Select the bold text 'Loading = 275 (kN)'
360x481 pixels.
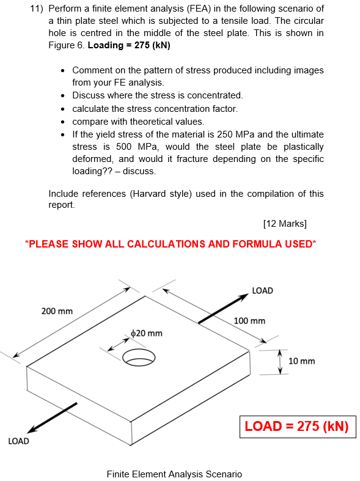coord(129,46)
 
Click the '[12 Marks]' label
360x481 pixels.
coord(284,223)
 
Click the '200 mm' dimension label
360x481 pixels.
coord(57,311)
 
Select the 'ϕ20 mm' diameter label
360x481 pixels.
coord(147,333)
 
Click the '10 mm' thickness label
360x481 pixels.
coord(301,361)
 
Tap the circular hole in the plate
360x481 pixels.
coord(139,357)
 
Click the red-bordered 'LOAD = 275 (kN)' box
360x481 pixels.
coord(296,427)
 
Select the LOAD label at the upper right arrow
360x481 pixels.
coord(262,290)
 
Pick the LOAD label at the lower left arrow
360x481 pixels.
coord(18,441)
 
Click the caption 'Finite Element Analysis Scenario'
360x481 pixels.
coord(174,474)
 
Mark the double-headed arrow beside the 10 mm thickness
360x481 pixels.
coord(280,362)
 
